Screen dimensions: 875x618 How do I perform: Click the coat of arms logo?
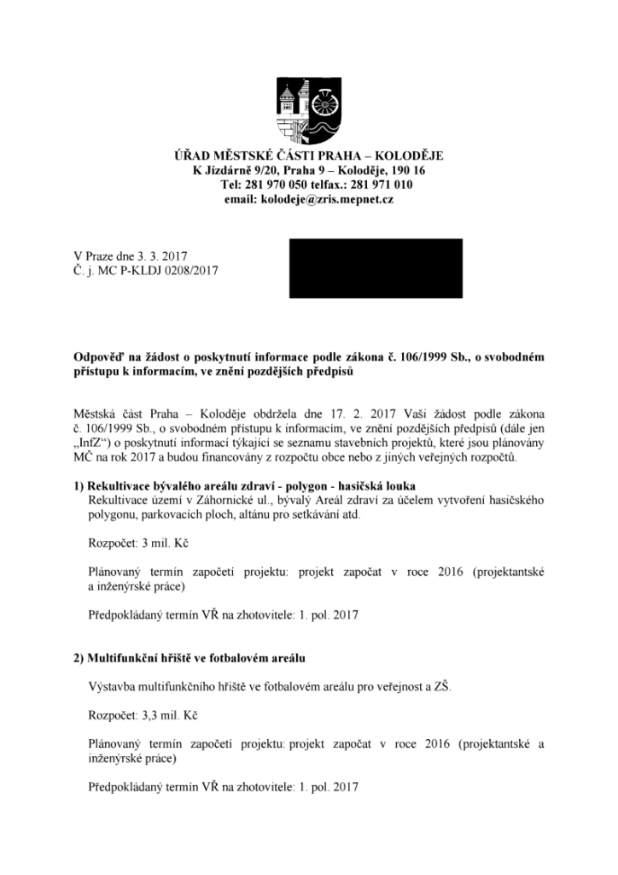click(309, 109)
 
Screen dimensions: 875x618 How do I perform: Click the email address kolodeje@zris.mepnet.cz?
click(333, 199)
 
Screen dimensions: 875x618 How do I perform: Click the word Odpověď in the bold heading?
click(99, 358)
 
